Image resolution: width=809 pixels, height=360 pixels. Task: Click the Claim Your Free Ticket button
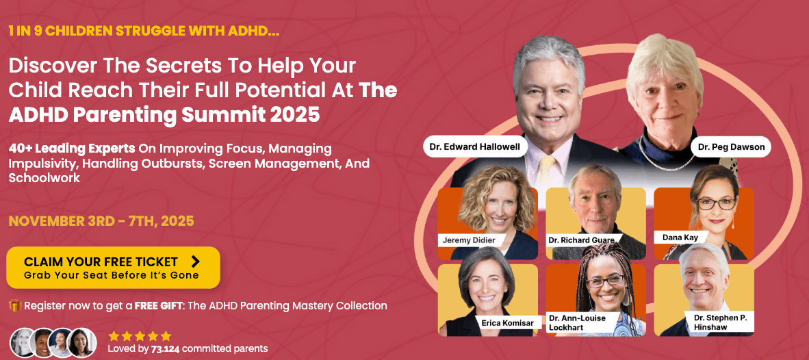click(113, 268)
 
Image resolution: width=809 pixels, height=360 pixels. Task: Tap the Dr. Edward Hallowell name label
click(474, 146)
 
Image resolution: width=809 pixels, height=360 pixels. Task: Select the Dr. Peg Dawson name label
click(730, 146)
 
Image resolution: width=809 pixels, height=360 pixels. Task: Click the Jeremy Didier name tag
click(467, 240)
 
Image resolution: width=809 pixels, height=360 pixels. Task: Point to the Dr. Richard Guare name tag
click(581, 240)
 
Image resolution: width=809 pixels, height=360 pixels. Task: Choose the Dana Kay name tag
click(682, 237)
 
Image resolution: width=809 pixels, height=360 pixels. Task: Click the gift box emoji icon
click(14, 306)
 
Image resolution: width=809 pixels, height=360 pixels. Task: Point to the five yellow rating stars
click(140, 336)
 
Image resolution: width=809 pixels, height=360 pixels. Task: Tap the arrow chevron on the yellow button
click(196, 261)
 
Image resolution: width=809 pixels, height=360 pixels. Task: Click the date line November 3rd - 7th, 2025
click(101, 221)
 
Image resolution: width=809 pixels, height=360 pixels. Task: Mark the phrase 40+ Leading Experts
click(72, 148)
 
